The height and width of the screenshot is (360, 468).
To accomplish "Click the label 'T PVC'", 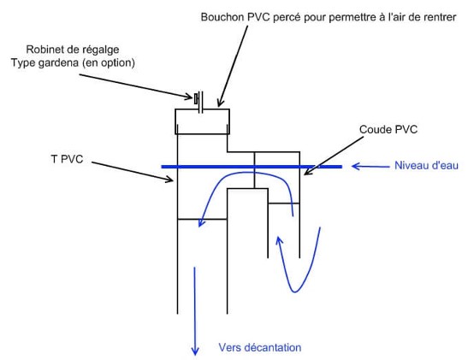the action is click(x=67, y=159).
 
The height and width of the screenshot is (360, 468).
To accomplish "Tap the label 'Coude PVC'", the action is click(x=388, y=129).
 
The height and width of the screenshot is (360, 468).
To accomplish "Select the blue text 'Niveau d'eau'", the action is click(x=426, y=165).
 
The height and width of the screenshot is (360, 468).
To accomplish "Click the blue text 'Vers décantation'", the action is click(x=260, y=347).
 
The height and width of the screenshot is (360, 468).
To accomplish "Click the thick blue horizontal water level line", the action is click(x=252, y=167).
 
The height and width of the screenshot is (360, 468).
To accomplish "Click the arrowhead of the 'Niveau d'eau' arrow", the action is click(x=355, y=166).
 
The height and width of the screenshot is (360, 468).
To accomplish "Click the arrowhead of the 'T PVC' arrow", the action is click(x=170, y=180).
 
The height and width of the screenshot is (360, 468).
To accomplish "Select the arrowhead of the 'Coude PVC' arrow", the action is click(x=307, y=172).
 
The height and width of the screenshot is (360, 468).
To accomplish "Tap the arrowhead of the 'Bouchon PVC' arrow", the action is click(x=219, y=103).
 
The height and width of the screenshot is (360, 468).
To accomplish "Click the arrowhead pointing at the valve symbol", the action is click(x=189, y=97).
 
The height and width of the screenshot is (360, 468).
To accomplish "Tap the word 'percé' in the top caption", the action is click(x=286, y=17).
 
